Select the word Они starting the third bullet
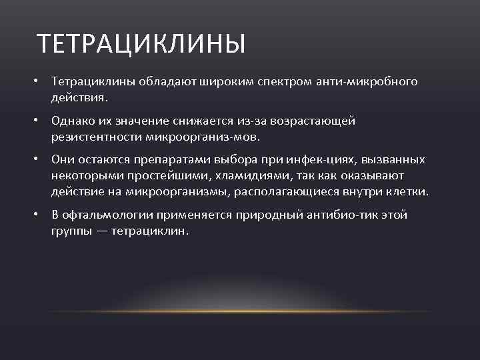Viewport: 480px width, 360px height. [62, 160]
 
